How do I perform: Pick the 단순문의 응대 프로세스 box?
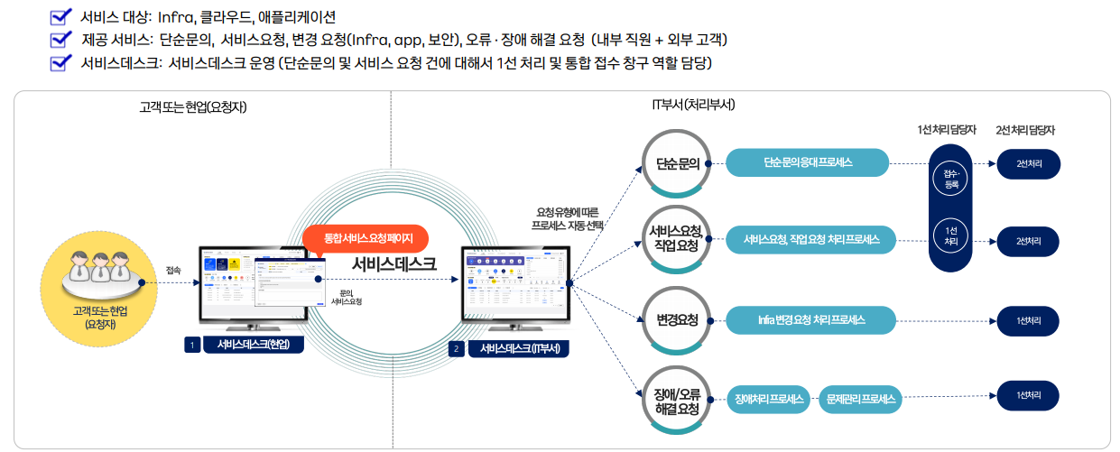(808, 163)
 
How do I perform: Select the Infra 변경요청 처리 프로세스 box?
(811, 319)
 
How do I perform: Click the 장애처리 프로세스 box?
(770, 398)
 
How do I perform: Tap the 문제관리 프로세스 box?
(860, 398)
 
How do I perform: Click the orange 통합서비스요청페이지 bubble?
(367, 238)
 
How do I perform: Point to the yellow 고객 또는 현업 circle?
(95, 287)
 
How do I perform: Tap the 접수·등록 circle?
(950, 177)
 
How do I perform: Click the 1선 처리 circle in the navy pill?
(950, 235)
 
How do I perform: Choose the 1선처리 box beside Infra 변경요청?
(1028, 320)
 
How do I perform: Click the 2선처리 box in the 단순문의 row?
(1028, 164)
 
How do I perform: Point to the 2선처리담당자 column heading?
(1025, 130)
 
